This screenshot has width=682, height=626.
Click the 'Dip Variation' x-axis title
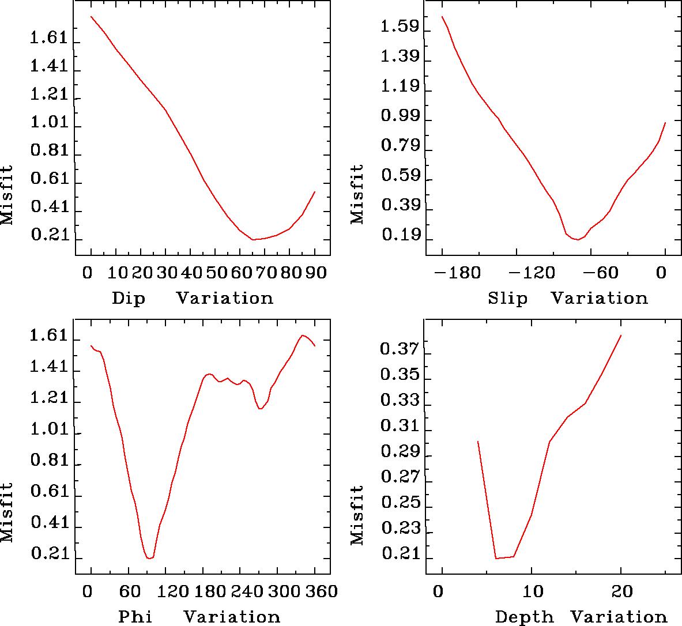point(192,299)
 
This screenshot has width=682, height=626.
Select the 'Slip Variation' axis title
point(567,299)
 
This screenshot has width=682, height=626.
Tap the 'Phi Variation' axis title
point(199,616)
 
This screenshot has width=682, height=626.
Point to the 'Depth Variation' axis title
point(581,616)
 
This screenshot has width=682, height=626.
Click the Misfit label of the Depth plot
point(358,515)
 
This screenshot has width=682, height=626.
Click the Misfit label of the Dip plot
point(7,196)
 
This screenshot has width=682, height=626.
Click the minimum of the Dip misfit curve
point(254,239)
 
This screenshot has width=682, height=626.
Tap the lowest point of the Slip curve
point(577,239)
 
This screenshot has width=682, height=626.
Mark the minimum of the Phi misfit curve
point(149,558)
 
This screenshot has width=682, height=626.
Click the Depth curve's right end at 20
point(621,335)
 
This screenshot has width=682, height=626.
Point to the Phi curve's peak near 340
point(303,335)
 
